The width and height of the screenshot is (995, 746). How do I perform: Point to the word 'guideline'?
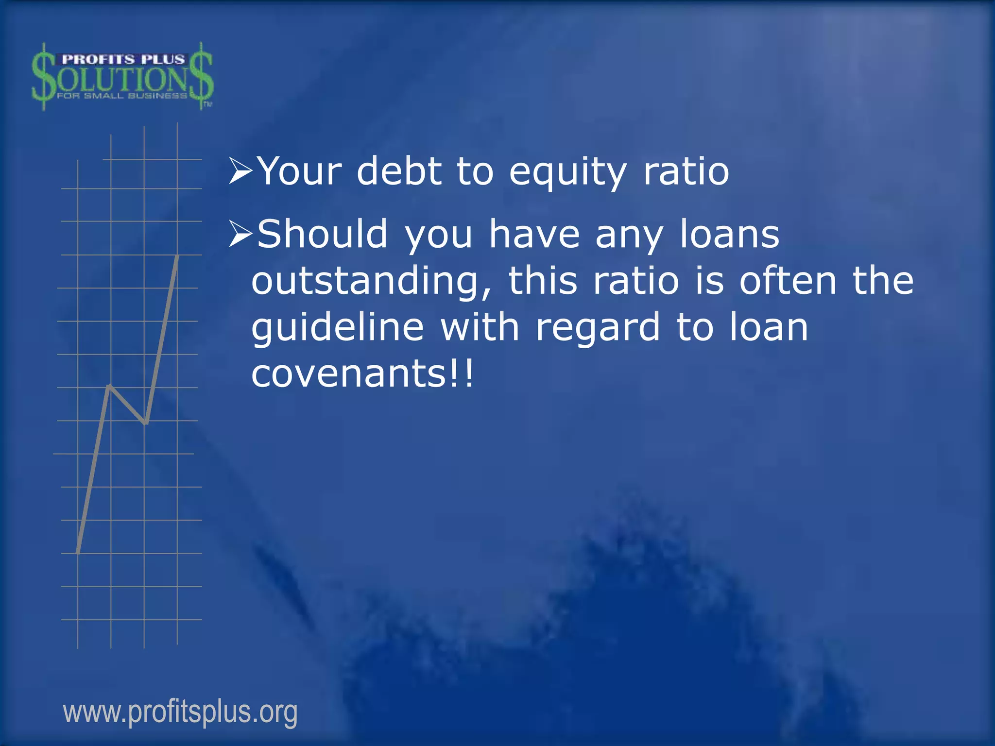click(338, 328)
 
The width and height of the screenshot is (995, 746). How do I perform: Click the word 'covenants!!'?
click(362, 374)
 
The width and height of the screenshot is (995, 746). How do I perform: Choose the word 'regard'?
click(598, 328)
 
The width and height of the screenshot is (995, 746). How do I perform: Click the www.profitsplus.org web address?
click(180, 712)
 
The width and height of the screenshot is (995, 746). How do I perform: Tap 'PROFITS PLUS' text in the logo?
click(123, 60)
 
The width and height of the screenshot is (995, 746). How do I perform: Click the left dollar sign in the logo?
click(43, 77)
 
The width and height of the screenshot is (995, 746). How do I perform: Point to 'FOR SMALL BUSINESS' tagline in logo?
click(121, 96)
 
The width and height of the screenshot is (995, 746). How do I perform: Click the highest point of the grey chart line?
click(177, 256)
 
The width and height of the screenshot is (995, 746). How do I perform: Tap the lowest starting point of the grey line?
click(78, 552)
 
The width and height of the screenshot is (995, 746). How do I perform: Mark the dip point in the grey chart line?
click(145, 423)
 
